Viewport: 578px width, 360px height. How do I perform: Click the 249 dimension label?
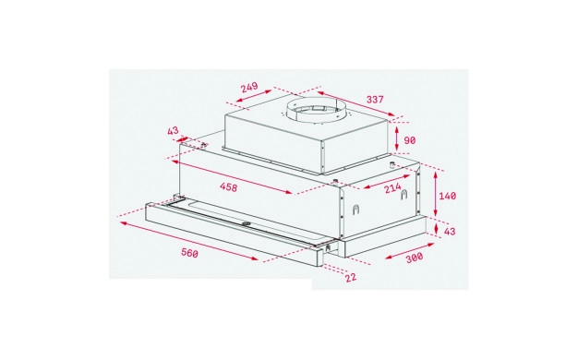249,88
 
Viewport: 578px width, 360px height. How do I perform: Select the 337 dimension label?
375,99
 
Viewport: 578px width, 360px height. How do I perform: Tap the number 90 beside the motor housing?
410,140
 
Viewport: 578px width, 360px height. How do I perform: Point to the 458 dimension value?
229,187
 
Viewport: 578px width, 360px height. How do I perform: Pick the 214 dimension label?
392,188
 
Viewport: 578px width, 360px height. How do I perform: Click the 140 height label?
447,196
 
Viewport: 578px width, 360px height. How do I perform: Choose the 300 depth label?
415,258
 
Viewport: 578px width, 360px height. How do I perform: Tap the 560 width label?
190,253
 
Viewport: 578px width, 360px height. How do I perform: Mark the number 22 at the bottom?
351,277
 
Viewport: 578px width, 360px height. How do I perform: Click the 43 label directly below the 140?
450,232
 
